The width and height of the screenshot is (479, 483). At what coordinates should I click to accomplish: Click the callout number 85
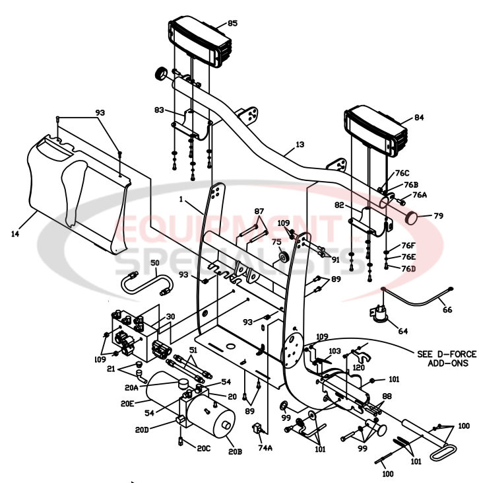point(232,24)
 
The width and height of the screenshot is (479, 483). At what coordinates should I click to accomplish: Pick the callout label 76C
point(402,172)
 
